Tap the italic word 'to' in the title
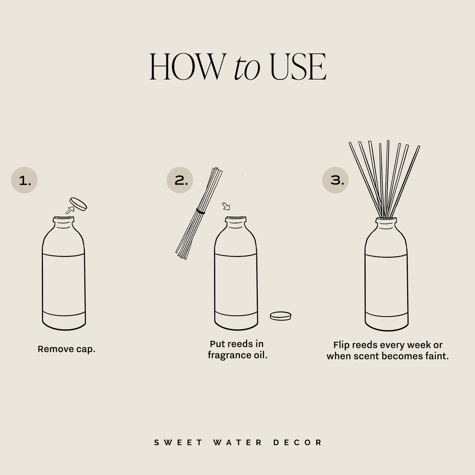pos(247,68)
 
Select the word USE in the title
pos(298,67)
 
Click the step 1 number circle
pos(24,180)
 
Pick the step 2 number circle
pos(180,180)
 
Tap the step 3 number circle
pos(336,180)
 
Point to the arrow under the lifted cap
pos(69,210)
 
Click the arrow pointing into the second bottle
pos(226,206)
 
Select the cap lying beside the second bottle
pos(281,315)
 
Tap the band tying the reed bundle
pos(201,212)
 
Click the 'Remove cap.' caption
pos(66,349)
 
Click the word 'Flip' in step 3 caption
pos(341,345)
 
